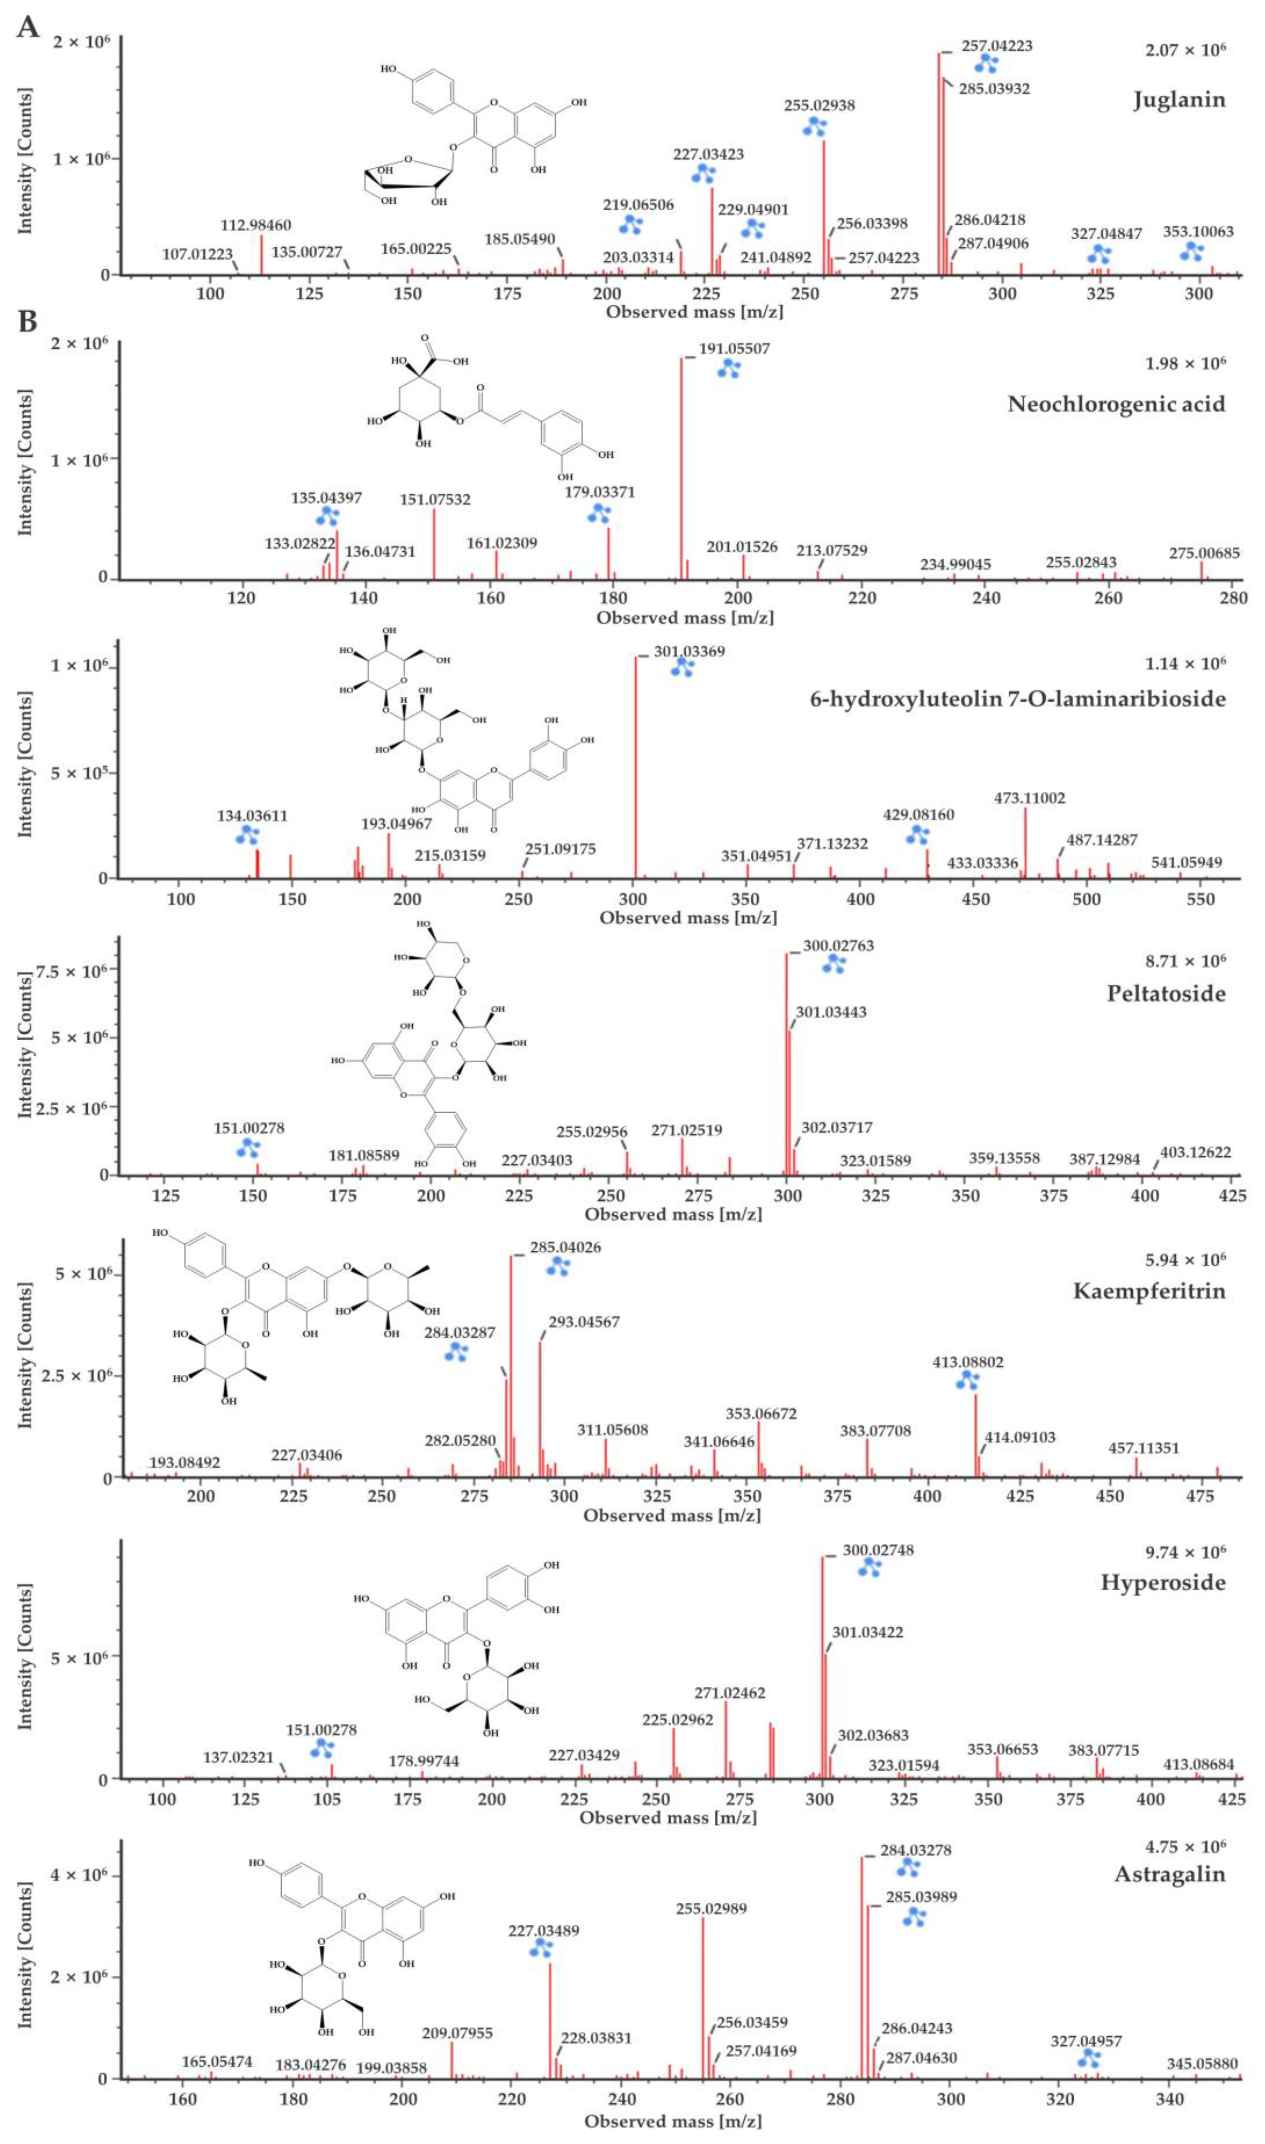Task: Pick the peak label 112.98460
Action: tap(256, 225)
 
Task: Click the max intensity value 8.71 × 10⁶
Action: tap(1185, 960)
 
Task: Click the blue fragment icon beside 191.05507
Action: tap(729, 368)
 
